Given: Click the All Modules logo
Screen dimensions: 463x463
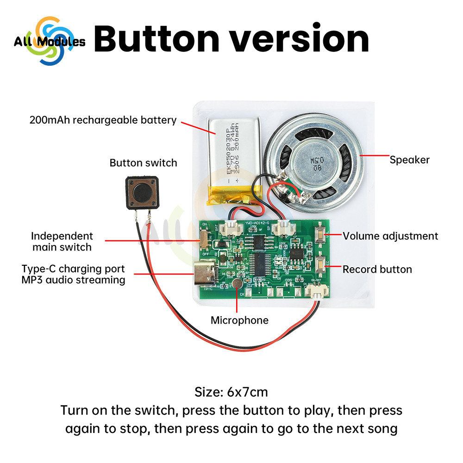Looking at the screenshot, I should (x=49, y=42).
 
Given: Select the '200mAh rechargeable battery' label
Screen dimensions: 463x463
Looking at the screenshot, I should (x=103, y=120).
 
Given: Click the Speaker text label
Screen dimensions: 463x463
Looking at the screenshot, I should (x=409, y=160).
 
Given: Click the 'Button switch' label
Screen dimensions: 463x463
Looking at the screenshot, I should (x=143, y=163).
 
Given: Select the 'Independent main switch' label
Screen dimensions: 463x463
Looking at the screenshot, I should (x=62, y=242).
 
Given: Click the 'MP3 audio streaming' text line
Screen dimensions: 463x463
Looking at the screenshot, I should (x=73, y=280).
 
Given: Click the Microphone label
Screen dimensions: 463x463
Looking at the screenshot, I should (x=239, y=320).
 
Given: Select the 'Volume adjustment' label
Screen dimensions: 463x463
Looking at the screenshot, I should (x=390, y=236).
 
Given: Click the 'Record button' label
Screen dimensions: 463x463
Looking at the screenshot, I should (x=377, y=269).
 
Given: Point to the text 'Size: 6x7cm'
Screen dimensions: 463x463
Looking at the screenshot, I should (x=231, y=393).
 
